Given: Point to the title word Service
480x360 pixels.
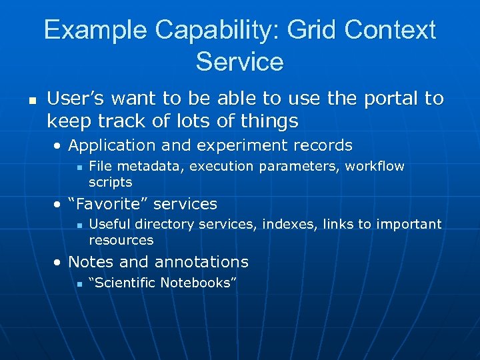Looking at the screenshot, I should [239, 61].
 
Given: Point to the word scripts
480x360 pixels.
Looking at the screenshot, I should [111, 182].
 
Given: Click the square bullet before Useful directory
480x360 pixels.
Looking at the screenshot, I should [79, 225].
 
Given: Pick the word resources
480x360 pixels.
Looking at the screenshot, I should [121, 240].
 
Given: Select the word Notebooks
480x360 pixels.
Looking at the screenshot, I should [197, 283].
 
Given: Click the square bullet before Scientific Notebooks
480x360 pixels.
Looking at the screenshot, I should [79, 284].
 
